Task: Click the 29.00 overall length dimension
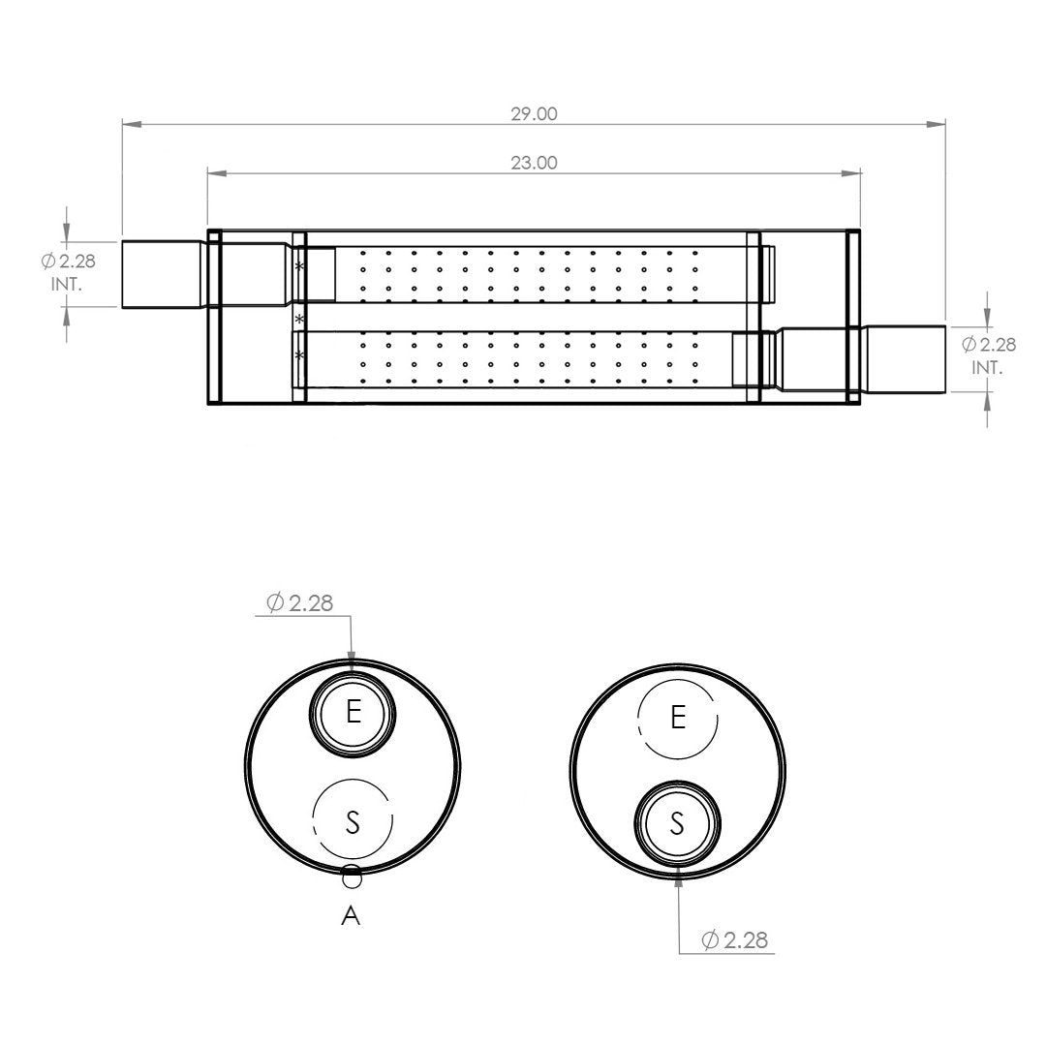coord(534,114)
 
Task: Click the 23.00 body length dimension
coord(534,163)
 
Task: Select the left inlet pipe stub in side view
coord(163,274)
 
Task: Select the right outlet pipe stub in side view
coord(906,359)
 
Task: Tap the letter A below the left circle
coord(351,916)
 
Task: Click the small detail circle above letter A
coord(352,877)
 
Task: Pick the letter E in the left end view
coord(354,713)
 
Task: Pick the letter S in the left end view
coord(353,821)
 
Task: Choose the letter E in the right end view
coord(678,718)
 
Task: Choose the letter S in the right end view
coord(677,824)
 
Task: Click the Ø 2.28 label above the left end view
coord(299,603)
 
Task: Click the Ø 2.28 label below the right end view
coord(734,939)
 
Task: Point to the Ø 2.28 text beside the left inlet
coord(68,261)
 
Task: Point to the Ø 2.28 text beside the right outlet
coord(989,344)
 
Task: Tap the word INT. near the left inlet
coord(67,284)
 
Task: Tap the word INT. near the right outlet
coord(987,368)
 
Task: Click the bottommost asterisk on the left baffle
coord(299,354)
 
